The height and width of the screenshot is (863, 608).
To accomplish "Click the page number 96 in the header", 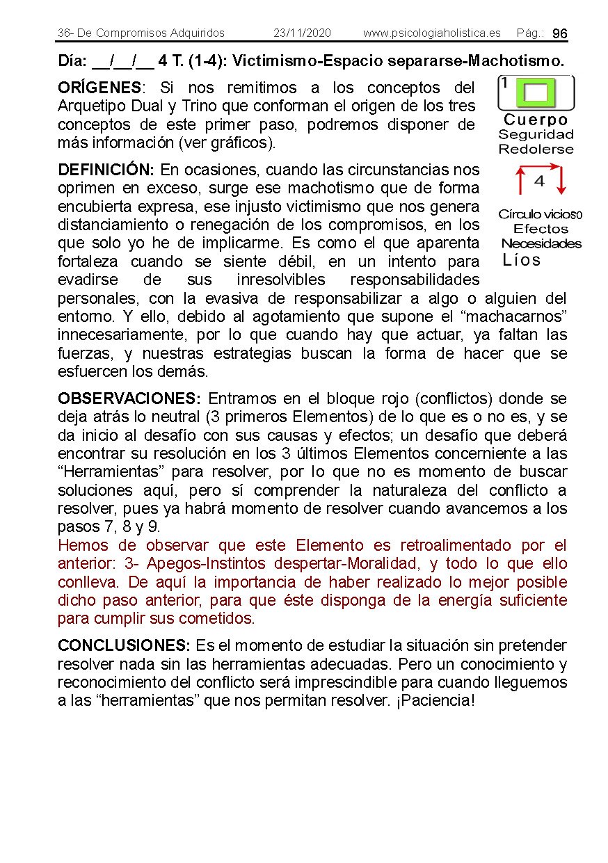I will click(x=560, y=34).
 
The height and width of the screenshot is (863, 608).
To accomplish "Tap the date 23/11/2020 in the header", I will click(x=302, y=33).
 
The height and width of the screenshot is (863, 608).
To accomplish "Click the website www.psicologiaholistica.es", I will click(x=431, y=33).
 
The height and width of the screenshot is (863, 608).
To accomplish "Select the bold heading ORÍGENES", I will click(x=99, y=88).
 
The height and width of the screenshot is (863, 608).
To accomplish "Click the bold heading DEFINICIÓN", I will click(x=106, y=170).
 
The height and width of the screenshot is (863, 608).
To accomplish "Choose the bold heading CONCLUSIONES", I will click(x=124, y=645).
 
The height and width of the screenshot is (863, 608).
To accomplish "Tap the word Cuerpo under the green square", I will click(x=536, y=120).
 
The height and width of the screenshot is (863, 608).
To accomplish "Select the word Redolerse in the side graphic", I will click(x=536, y=149).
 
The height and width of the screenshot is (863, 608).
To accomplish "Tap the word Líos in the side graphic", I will click(x=521, y=260).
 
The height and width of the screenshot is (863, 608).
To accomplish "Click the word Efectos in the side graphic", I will click(x=541, y=229).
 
